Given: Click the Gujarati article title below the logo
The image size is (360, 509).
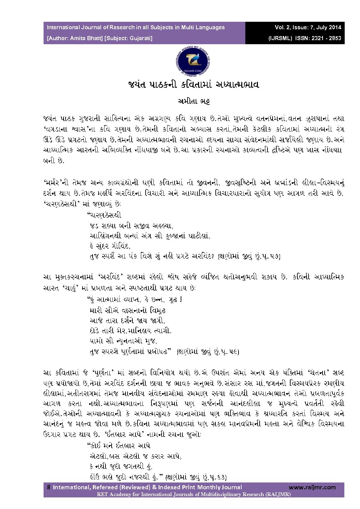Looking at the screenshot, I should (193, 84).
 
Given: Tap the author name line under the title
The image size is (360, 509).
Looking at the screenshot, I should (193, 102).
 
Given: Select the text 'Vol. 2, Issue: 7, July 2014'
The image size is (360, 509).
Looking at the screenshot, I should (308, 28).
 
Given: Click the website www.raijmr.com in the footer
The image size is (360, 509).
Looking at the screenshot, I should (312, 487).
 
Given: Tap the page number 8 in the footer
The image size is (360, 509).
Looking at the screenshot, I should (49, 487).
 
